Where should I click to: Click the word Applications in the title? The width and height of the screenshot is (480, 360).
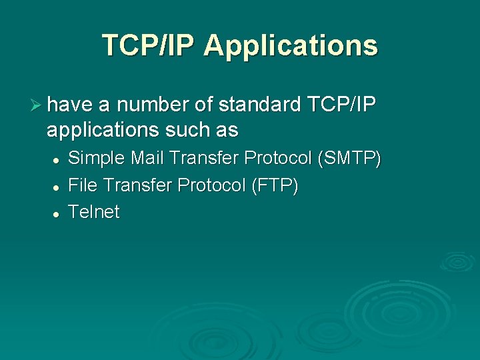coord(291,45)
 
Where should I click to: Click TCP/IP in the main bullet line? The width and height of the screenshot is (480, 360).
coord(343,105)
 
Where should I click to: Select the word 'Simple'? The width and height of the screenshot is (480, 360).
coord(97,159)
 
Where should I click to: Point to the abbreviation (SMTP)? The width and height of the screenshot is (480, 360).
coord(350,159)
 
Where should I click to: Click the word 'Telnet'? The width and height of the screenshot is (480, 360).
coord(94,212)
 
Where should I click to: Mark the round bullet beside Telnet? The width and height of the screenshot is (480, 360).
coord(58,214)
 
